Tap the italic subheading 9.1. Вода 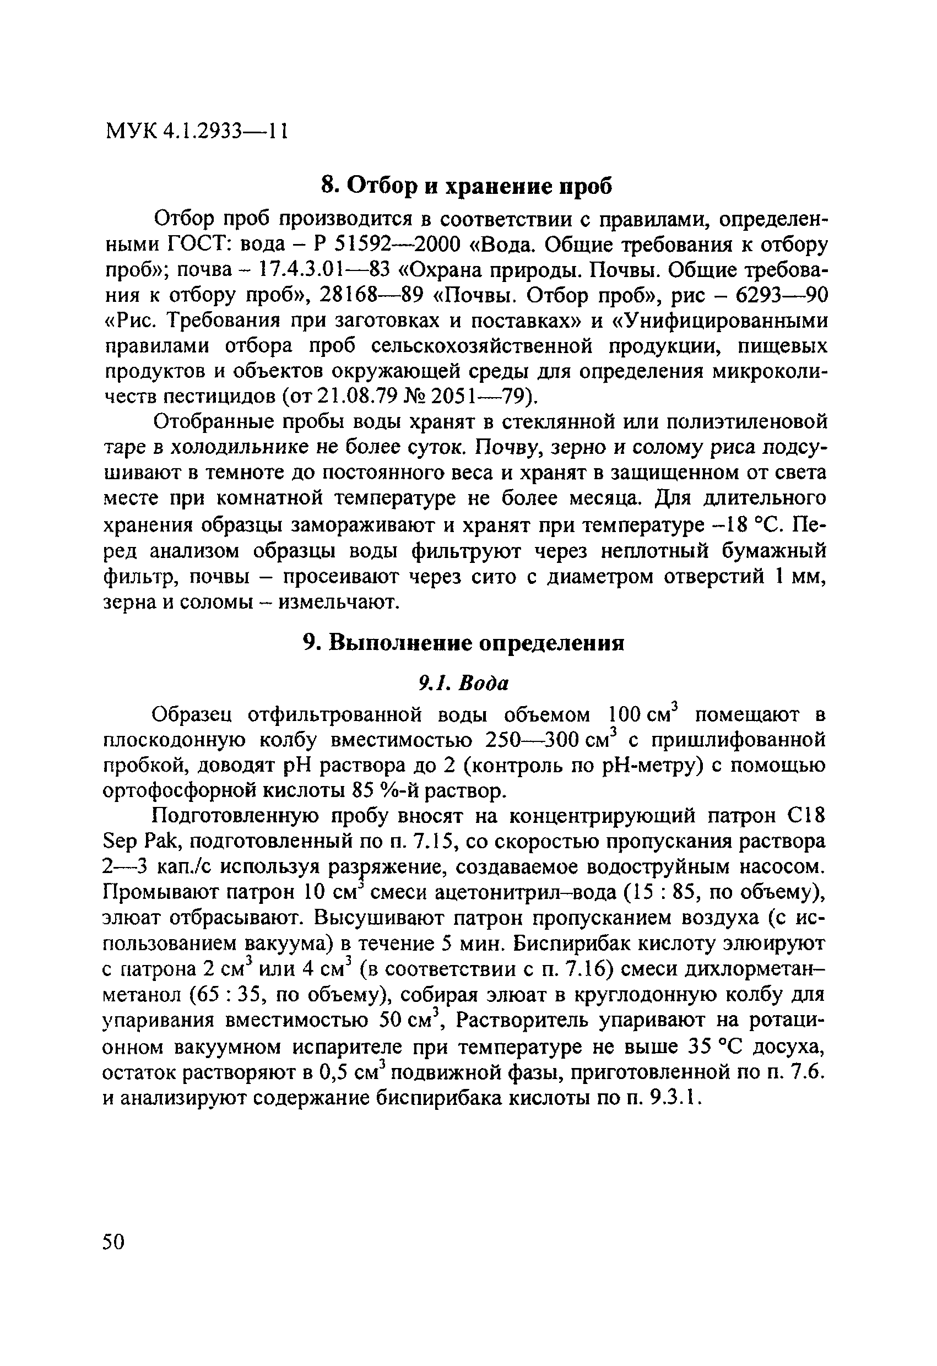[463, 683]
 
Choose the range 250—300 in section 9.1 [534, 740]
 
